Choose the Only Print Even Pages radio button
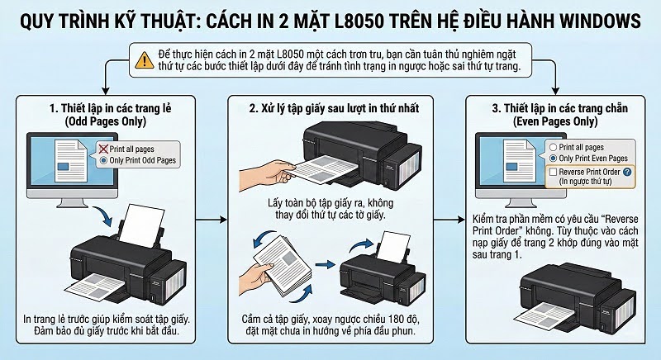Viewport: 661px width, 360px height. tap(552, 158)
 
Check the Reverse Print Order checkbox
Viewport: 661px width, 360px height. tap(552, 172)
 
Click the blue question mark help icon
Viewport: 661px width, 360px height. tap(628, 172)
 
